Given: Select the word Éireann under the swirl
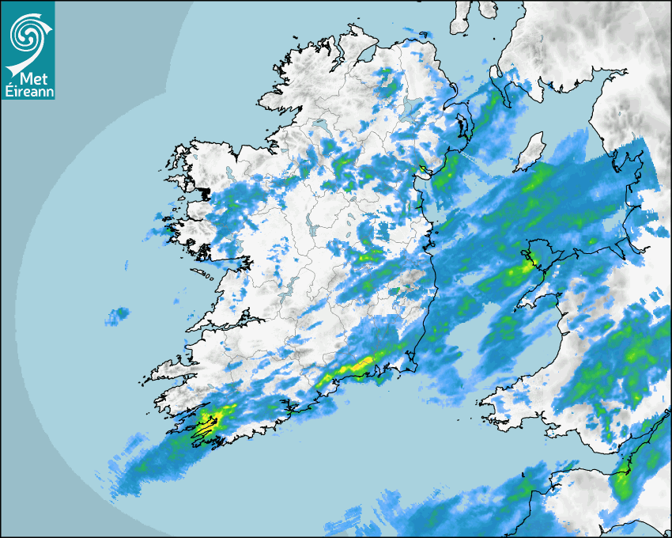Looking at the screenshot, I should point(28,91).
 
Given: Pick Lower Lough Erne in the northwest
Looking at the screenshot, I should point(322,127).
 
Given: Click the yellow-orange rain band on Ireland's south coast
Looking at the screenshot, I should point(360,366).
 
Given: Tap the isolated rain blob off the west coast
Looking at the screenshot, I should point(117,316).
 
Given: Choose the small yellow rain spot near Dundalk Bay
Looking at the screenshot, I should point(423,167).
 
